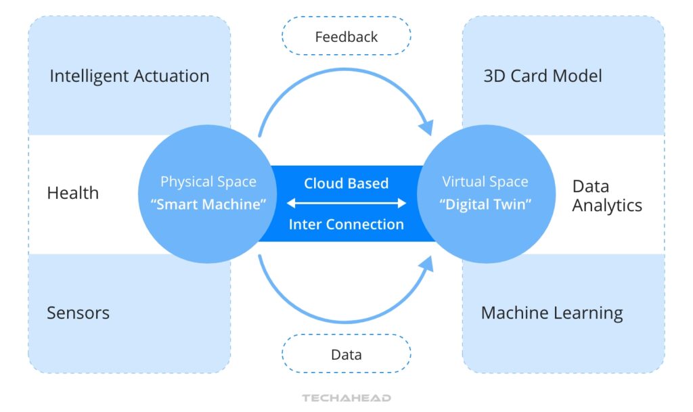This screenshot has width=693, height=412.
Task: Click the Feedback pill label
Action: [346, 36]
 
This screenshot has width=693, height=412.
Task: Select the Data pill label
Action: [346, 354]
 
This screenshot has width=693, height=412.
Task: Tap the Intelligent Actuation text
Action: [129, 76]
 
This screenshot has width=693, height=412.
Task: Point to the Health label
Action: [72, 193]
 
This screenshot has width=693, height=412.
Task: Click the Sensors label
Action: [78, 313]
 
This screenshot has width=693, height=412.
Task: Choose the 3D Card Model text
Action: [542, 76]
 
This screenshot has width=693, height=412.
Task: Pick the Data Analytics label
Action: [606, 196]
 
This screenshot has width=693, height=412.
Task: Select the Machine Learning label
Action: [552, 313]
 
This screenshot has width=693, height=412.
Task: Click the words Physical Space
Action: [208, 182]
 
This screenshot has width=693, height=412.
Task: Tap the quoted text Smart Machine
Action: [208, 204]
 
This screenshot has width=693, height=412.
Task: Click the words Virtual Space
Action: [485, 182]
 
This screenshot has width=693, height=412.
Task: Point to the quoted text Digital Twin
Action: [485, 204]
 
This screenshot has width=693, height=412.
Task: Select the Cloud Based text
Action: [346, 183]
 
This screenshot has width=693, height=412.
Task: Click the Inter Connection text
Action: [346, 224]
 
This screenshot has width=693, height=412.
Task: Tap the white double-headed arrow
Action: [346, 203]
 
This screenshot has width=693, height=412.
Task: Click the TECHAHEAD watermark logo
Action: [346, 398]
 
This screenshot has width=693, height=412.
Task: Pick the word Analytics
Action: [606, 206]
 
